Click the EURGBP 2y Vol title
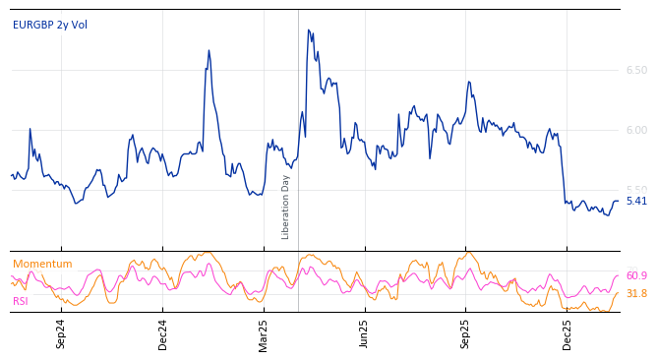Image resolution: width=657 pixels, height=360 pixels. point(50,26)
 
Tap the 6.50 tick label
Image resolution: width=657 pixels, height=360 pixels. point(636,71)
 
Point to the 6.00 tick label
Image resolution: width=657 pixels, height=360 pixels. point(636,131)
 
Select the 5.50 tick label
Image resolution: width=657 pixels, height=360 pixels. point(636,190)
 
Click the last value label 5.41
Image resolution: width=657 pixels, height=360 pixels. point(636,202)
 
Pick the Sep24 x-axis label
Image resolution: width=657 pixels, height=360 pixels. point(61,333)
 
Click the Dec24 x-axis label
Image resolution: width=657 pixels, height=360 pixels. point(163,333)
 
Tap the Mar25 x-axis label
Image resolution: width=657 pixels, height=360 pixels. point(264,333)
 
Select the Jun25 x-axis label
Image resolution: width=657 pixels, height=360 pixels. point(365,333)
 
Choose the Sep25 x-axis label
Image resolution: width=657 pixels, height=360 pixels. point(466,333)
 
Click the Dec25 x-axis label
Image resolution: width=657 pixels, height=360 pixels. point(567,333)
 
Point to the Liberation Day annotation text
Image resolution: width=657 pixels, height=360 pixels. point(286,207)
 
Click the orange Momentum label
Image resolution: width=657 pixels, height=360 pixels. point(42,265)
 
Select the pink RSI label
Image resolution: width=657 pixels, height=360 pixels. point(21,302)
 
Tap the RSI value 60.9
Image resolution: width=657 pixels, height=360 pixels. point(636,276)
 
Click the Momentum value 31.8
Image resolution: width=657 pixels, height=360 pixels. point(636,294)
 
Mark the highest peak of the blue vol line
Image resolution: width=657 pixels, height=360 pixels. point(308,30)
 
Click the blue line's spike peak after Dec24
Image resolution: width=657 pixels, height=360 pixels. point(209,50)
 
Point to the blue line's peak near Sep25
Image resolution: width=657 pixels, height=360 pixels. point(469,82)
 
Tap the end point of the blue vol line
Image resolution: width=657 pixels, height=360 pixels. point(619,201)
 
